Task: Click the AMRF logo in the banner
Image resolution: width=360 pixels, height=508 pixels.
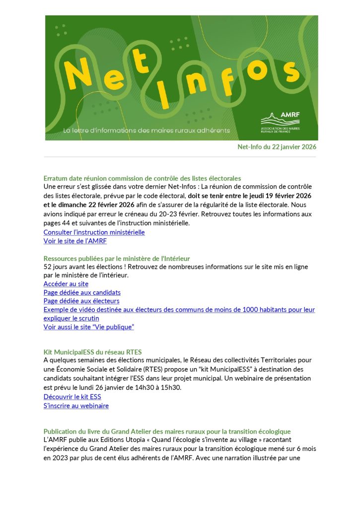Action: (281, 120)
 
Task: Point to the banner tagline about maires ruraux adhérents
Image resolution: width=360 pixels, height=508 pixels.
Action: (146, 130)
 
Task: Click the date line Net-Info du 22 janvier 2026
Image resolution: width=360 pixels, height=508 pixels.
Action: (277, 147)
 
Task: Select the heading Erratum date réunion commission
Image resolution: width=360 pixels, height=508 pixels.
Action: (142, 178)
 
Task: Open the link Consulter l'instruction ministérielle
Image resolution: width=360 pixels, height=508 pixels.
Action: (94, 232)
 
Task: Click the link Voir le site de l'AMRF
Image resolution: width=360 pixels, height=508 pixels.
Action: (75, 241)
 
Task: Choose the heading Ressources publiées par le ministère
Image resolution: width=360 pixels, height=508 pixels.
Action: (117, 258)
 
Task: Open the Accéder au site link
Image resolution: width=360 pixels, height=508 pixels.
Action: (66, 284)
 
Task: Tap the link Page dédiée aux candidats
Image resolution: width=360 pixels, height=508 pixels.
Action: (82, 293)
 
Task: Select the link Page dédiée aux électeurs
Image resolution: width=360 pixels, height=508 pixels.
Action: (81, 301)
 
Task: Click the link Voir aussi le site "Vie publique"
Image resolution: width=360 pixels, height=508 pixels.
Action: (89, 327)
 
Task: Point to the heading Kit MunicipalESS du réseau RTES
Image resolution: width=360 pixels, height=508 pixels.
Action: (92, 352)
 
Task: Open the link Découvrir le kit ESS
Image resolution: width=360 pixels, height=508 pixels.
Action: (72, 397)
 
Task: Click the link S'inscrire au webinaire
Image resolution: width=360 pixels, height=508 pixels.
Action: (76, 406)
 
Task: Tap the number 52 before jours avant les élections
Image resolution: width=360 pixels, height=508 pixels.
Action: (48, 267)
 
